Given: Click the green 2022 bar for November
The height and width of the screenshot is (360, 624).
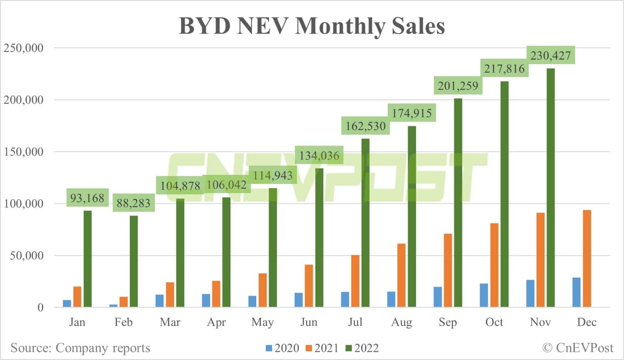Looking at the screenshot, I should tap(550, 187).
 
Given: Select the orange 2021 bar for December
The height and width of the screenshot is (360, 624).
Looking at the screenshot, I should tap(587, 258).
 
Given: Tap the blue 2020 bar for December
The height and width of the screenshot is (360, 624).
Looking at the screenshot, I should tap(576, 292).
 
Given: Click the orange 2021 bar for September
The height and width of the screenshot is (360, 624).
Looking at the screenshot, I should tap(448, 271).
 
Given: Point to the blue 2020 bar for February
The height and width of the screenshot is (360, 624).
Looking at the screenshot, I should tap(113, 305).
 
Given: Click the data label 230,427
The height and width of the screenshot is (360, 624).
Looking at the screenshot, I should tap(550, 55).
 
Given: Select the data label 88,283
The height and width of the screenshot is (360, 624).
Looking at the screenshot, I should tap(133, 204).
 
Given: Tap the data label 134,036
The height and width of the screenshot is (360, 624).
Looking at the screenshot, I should tap(319, 156).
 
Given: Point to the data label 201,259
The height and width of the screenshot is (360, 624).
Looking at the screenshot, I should tap(458, 86).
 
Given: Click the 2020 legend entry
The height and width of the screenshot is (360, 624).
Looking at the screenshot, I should tap(282, 348).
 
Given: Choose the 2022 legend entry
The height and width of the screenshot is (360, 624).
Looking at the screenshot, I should tap(362, 348).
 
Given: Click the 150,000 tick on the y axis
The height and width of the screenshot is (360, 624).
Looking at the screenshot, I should tap(24, 152).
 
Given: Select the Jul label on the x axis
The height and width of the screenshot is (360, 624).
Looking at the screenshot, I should tap(355, 322).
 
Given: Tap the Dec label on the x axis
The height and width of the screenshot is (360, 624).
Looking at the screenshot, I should tap(587, 322).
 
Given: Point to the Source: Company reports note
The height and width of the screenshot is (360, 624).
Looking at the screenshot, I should tap(80, 348).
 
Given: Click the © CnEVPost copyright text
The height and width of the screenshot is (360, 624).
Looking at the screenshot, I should tap(578, 348).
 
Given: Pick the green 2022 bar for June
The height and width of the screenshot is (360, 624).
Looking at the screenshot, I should tap(319, 237).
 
